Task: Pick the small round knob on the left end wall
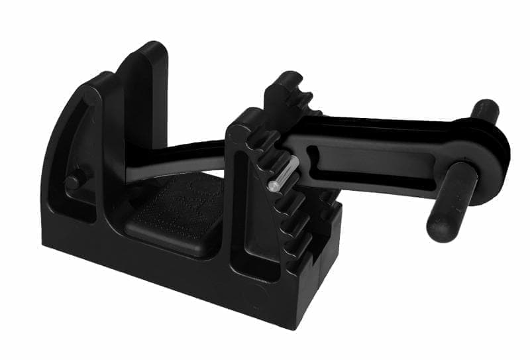(x=74, y=178)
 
